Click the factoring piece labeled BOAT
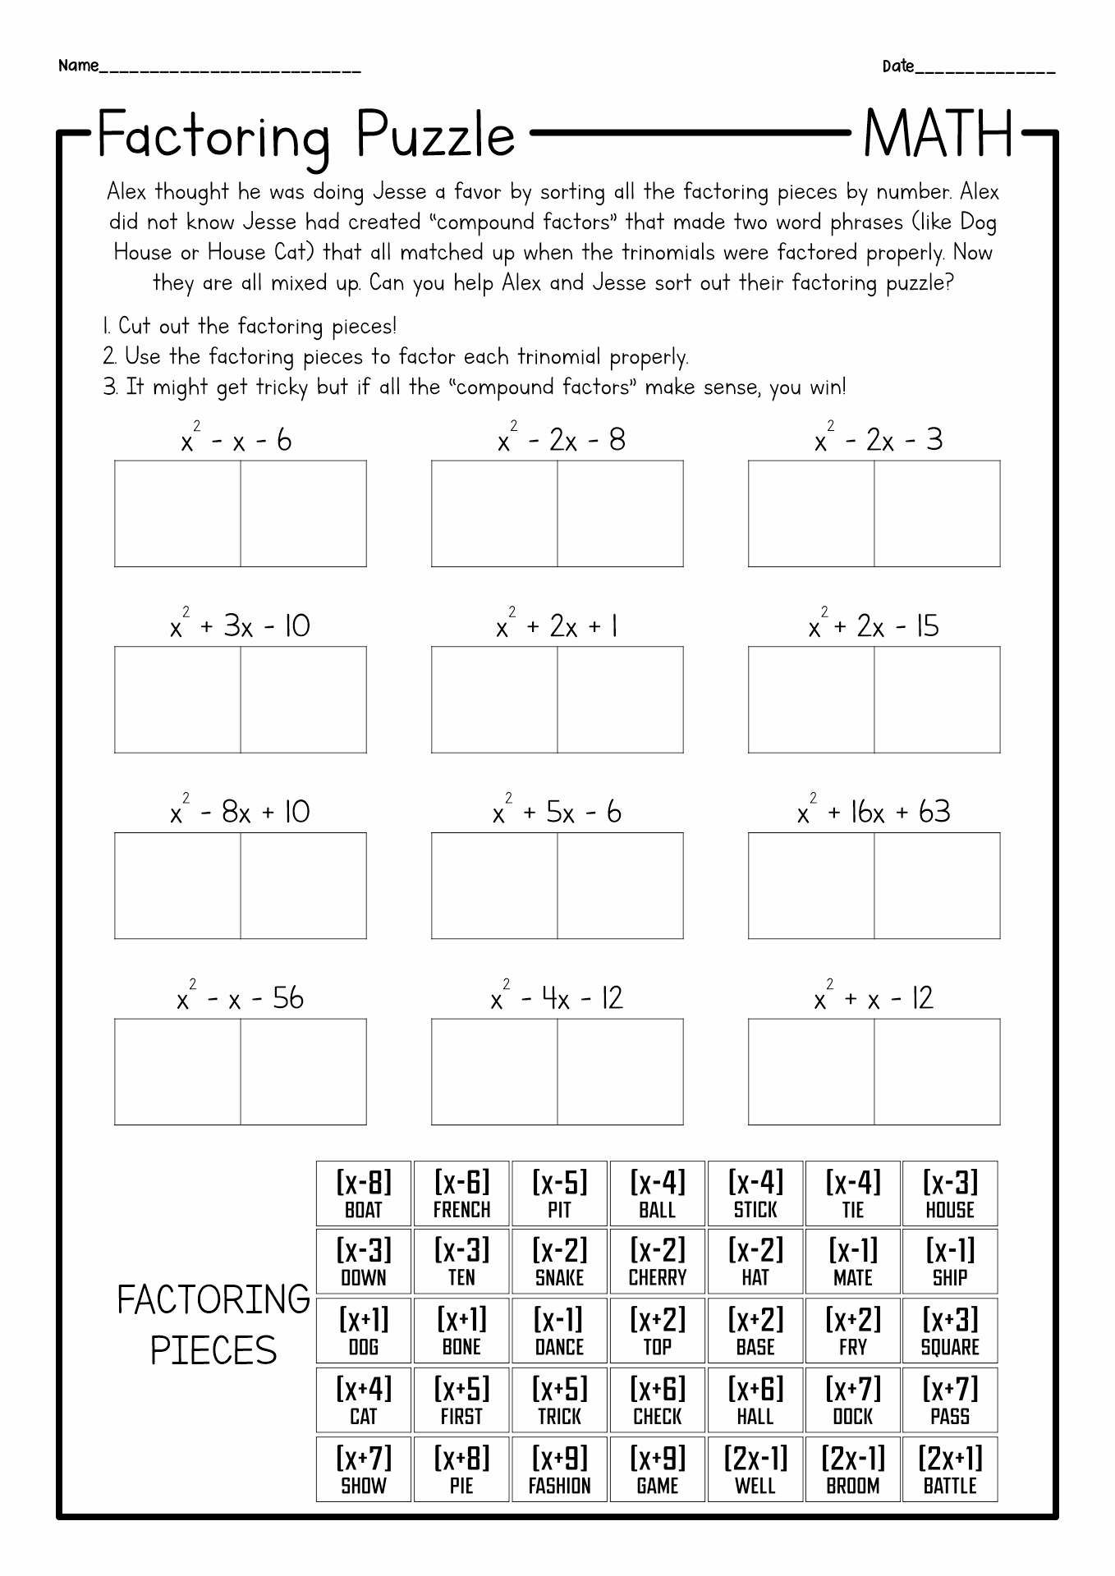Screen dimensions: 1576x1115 [x=364, y=1193]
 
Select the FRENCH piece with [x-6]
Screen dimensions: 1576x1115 [x=461, y=1193]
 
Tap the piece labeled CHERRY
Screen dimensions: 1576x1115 [x=657, y=1262]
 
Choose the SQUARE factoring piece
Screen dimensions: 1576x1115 [x=950, y=1331]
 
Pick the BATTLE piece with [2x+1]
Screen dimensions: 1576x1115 [x=950, y=1469]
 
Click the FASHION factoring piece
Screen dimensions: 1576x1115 [x=559, y=1469]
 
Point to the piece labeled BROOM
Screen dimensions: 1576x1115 [x=853, y=1469]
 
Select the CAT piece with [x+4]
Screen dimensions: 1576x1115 [x=364, y=1400]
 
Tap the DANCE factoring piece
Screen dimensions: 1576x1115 [x=559, y=1331]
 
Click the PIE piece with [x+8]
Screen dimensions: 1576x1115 [x=461, y=1469]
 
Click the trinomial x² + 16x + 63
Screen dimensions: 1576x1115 [x=874, y=811]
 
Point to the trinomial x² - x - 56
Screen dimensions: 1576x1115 [x=240, y=997]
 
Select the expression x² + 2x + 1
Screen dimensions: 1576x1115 [x=557, y=625]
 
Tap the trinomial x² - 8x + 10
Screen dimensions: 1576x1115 [x=240, y=811]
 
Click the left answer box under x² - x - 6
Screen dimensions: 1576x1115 [x=177, y=514]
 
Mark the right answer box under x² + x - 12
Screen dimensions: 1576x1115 [x=937, y=1072]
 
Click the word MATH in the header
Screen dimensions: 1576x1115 [x=938, y=135]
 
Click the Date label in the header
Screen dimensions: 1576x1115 [x=898, y=66]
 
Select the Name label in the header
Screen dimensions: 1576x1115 [x=78, y=66]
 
